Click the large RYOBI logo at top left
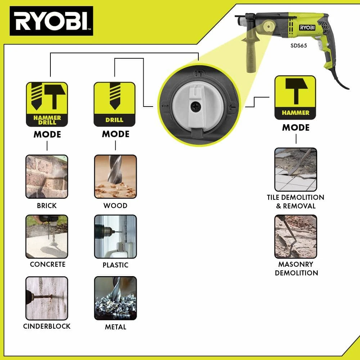51,21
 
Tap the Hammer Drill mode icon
47,104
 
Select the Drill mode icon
114,104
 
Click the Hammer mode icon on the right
295,98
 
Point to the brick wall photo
47,176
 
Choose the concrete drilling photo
47,237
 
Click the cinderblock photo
47,298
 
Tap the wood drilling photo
116,176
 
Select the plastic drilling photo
116,237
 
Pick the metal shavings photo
116,298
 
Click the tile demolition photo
296,170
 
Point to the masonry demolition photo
296,237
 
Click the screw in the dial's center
195,106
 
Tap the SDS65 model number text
299,45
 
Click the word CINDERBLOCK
47,326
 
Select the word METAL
116,327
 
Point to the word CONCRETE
48,264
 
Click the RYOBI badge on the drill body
307,28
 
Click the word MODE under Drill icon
116,134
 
